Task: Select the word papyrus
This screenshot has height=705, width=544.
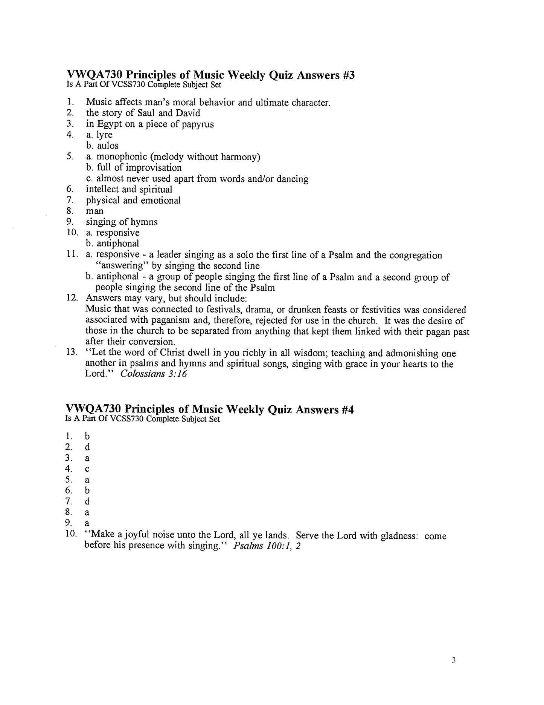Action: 198,124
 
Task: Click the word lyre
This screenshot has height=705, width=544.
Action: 104,135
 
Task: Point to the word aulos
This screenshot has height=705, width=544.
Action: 108,146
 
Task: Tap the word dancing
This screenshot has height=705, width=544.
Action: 293,179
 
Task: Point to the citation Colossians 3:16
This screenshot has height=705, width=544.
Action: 154,374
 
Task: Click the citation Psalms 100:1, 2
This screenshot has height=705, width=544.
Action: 267,546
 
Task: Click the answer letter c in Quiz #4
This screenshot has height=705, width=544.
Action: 87,469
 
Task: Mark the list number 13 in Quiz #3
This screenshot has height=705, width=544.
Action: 71,353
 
